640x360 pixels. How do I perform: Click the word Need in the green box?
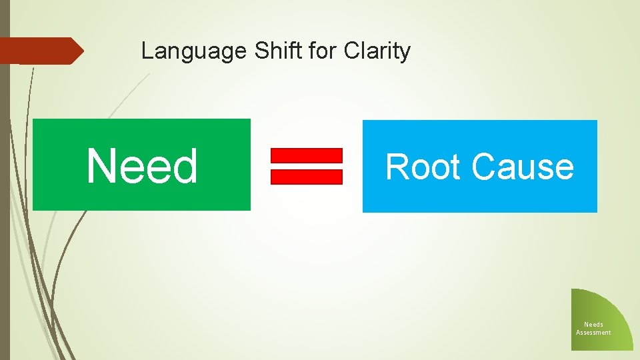(x=142, y=166)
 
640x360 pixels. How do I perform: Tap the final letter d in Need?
(x=185, y=166)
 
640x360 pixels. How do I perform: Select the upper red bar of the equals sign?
(x=306, y=155)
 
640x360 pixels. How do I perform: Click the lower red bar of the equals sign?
(x=306, y=177)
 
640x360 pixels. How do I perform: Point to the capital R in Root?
(x=397, y=167)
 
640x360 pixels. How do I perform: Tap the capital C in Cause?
(x=484, y=167)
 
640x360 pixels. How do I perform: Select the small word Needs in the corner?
(x=593, y=325)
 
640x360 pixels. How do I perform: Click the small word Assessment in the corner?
(x=593, y=333)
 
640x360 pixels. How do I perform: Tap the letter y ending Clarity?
(x=405, y=53)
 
